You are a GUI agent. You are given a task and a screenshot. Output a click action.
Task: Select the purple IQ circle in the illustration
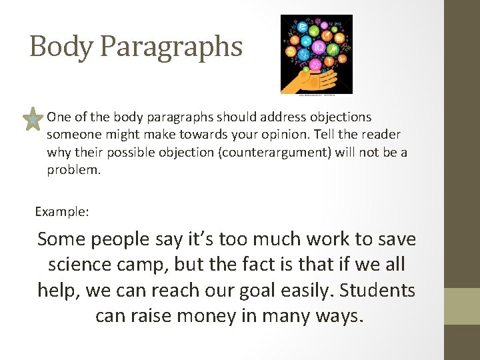(x=319, y=47)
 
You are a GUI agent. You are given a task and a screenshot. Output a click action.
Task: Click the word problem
(x=73, y=169)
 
